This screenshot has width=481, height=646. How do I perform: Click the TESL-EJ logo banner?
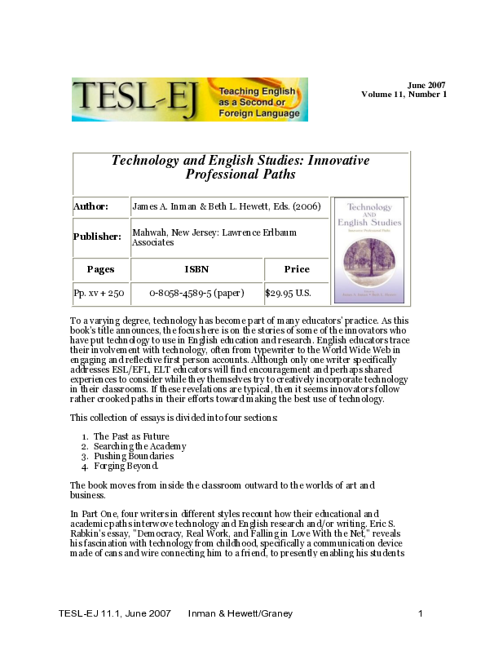point(189,100)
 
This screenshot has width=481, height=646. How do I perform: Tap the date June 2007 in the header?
point(426,85)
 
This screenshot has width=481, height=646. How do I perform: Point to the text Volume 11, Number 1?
point(404,95)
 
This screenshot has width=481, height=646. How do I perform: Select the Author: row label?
point(90,206)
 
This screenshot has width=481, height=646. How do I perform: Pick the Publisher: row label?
point(98,237)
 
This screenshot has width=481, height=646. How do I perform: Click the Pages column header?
point(100,269)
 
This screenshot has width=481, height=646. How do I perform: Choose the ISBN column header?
point(196,269)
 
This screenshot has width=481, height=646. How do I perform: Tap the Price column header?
point(297,269)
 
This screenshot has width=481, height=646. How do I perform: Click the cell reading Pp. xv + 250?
point(99,292)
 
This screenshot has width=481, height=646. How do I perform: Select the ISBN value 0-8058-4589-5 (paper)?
point(196,292)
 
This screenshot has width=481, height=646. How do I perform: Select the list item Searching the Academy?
point(139,446)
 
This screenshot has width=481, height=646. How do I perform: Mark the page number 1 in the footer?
point(420,613)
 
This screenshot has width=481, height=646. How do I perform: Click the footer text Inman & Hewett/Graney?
point(240,613)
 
